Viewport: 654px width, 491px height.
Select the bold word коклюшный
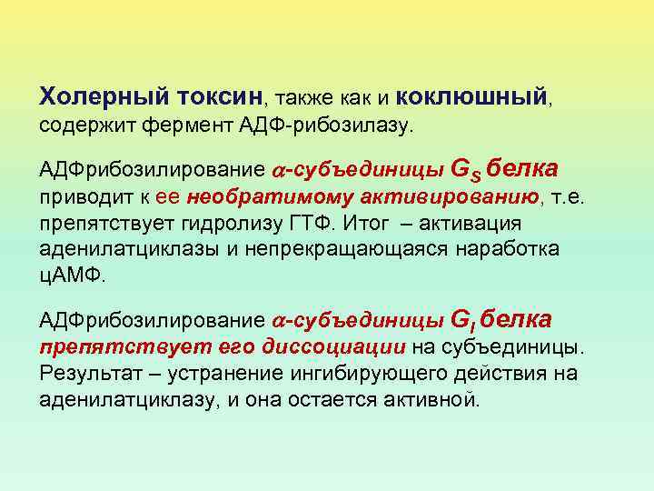pyautogui.click(x=472, y=95)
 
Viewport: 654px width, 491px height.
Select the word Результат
pyautogui.click(x=87, y=373)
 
